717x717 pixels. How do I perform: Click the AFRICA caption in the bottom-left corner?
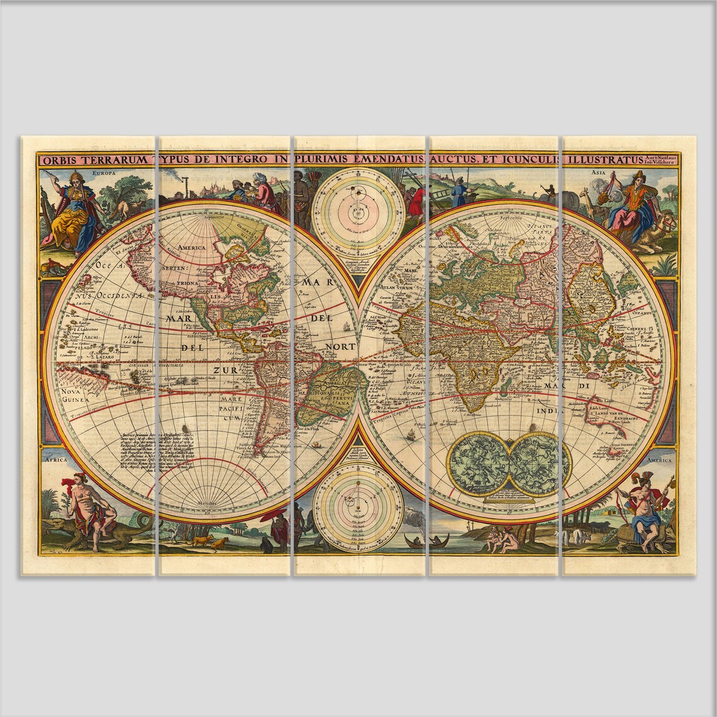tap(55, 460)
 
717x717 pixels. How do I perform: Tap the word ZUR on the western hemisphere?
tap(225, 370)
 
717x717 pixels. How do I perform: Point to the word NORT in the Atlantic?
tap(340, 347)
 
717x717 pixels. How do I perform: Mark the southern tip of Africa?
tap(470, 409)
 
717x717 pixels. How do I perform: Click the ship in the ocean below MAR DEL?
tap(345, 327)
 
